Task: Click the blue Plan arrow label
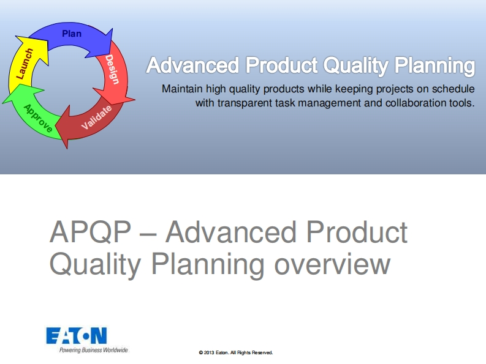(72, 34)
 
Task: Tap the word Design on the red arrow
(112, 69)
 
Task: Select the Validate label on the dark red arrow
(96, 117)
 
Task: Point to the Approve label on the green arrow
(38, 118)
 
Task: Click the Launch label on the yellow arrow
(24, 64)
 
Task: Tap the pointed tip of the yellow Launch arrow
(16, 37)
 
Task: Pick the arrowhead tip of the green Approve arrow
(3, 102)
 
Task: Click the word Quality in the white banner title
(356, 66)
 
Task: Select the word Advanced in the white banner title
(192, 65)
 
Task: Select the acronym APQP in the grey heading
(91, 232)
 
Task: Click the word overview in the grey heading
(332, 264)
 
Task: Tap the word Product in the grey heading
(357, 232)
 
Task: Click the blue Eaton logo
(77, 335)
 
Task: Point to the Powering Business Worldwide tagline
(94, 350)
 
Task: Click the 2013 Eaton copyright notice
(236, 352)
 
